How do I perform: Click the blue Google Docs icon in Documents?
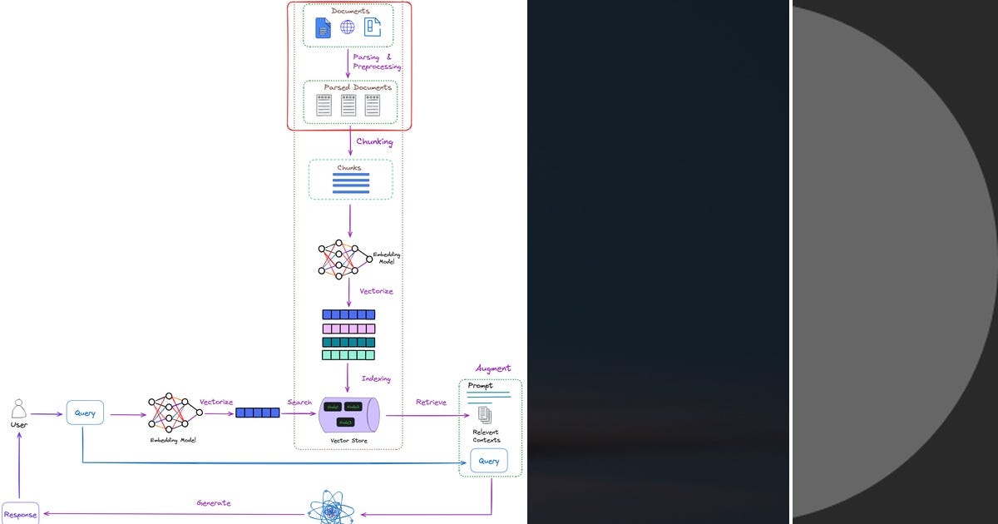(x=323, y=29)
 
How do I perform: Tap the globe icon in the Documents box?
(x=347, y=27)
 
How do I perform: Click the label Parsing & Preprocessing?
(x=377, y=62)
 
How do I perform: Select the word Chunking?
(x=374, y=142)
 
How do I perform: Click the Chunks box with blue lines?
(x=350, y=180)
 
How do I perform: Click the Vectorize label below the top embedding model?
(x=376, y=292)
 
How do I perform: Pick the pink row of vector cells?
(x=348, y=329)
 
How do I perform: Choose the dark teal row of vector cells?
(x=348, y=342)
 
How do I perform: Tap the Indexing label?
(x=376, y=379)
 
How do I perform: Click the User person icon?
(x=18, y=409)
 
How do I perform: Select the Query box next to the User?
(x=85, y=413)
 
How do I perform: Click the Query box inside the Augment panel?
(x=488, y=461)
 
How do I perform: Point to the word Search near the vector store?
(x=299, y=403)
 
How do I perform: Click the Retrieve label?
(x=431, y=403)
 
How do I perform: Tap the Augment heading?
(x=493, y=368)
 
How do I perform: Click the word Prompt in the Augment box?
(x=480, y=386)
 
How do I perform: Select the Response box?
(x=20, y=515)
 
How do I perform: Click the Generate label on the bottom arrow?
(x=214, y=503)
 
